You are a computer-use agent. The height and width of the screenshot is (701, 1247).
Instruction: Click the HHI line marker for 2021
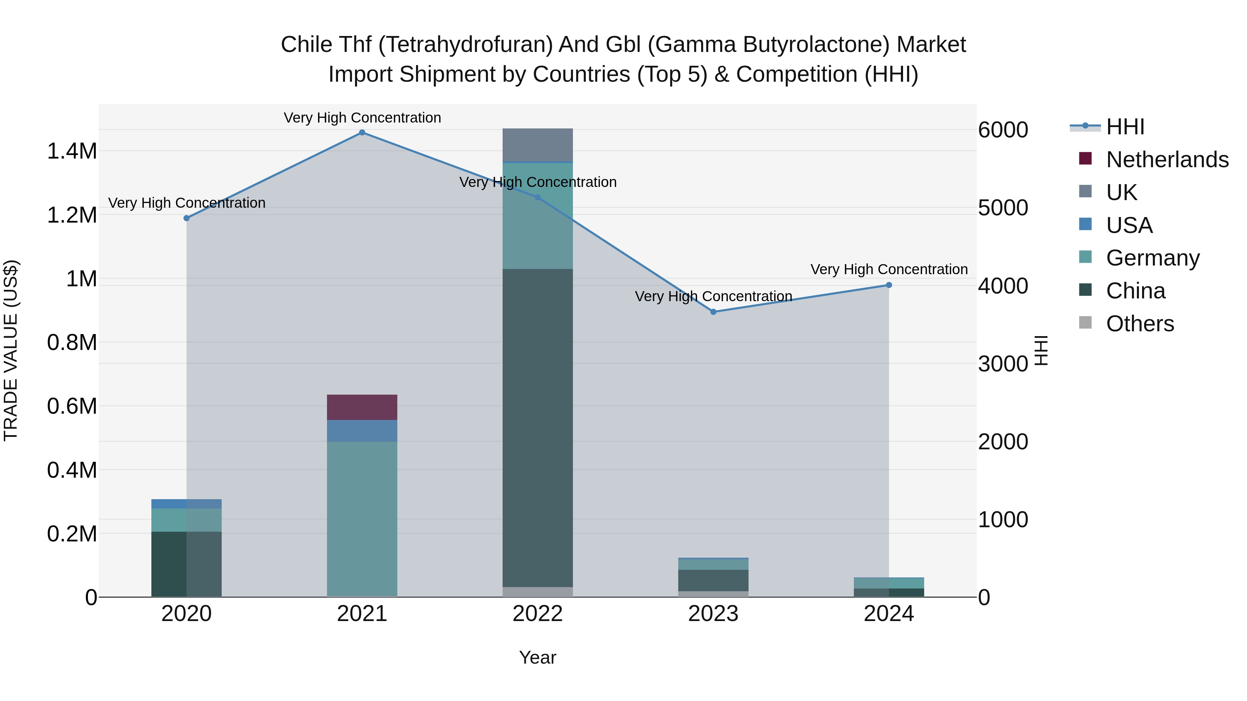[x=362, y=133]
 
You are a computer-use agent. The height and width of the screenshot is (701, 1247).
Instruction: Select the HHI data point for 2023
[x=713, y=312]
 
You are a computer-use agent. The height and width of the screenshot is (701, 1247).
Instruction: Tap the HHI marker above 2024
[x=889, y=286]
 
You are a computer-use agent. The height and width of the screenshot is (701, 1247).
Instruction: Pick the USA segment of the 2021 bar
[x=362, y=431]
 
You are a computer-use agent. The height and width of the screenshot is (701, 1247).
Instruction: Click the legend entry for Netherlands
[x=1167, y=160]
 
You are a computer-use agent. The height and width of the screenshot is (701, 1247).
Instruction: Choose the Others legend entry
[x=1140, y=324]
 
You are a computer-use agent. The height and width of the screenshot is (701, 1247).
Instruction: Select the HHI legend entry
[x=1125, y=127]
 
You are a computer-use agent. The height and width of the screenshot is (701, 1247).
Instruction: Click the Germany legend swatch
[x=1085, y=257]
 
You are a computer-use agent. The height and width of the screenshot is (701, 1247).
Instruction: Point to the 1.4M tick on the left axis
[x=72, y=151]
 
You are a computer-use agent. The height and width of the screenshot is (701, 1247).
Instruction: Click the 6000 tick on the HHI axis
[x=1002, y=130]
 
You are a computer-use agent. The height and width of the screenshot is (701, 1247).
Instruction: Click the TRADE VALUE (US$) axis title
[x=11, y=350]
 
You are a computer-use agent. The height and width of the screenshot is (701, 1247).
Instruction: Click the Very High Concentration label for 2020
[x=186, y=203]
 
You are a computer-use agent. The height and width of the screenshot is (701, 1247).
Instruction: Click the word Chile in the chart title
[x=300, y=45]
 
